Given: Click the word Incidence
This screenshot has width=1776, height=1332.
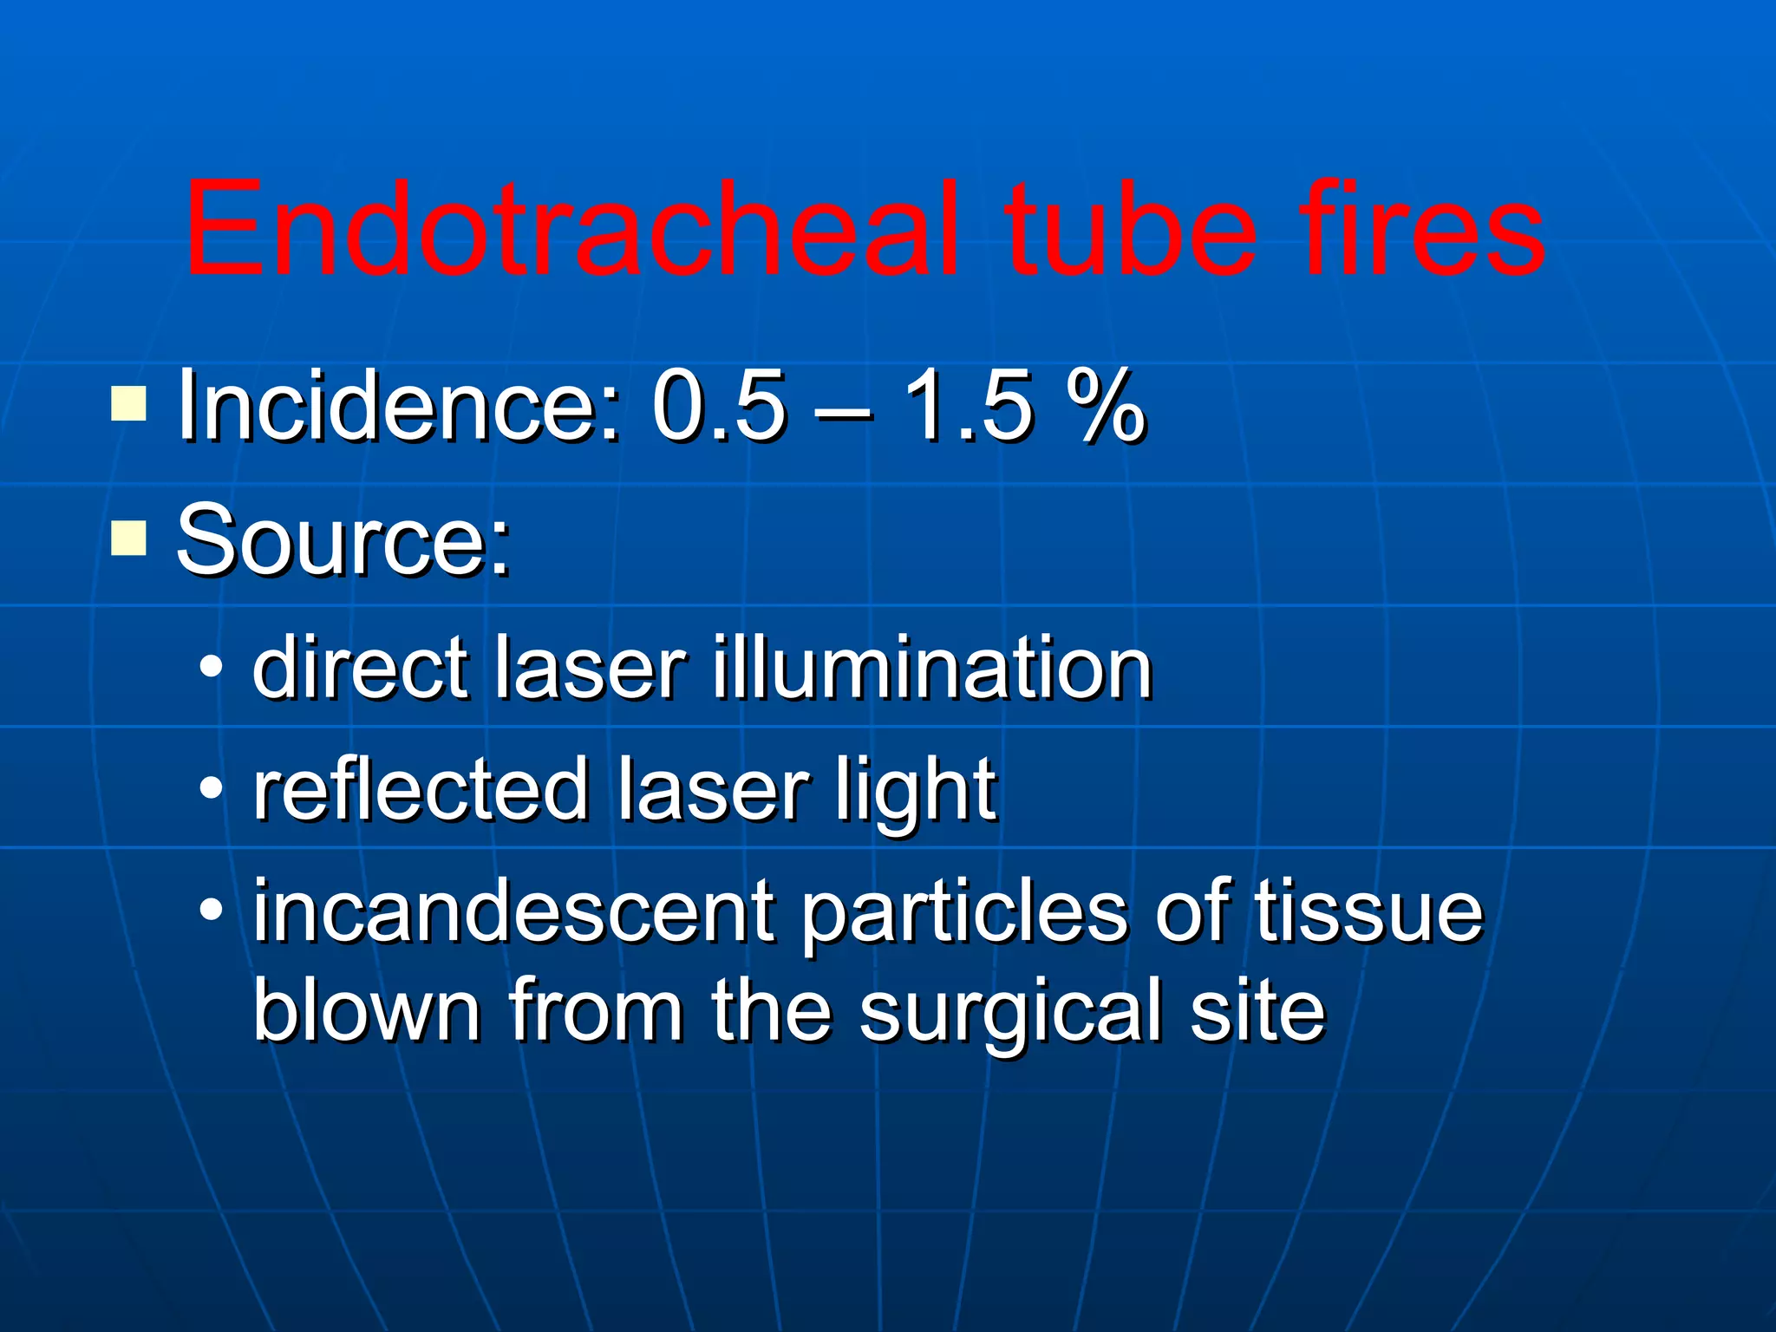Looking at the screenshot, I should coord(399,406).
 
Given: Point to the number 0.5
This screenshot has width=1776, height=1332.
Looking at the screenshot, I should coord(720,406).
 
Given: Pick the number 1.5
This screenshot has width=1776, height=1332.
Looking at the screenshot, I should coord(968,406).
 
